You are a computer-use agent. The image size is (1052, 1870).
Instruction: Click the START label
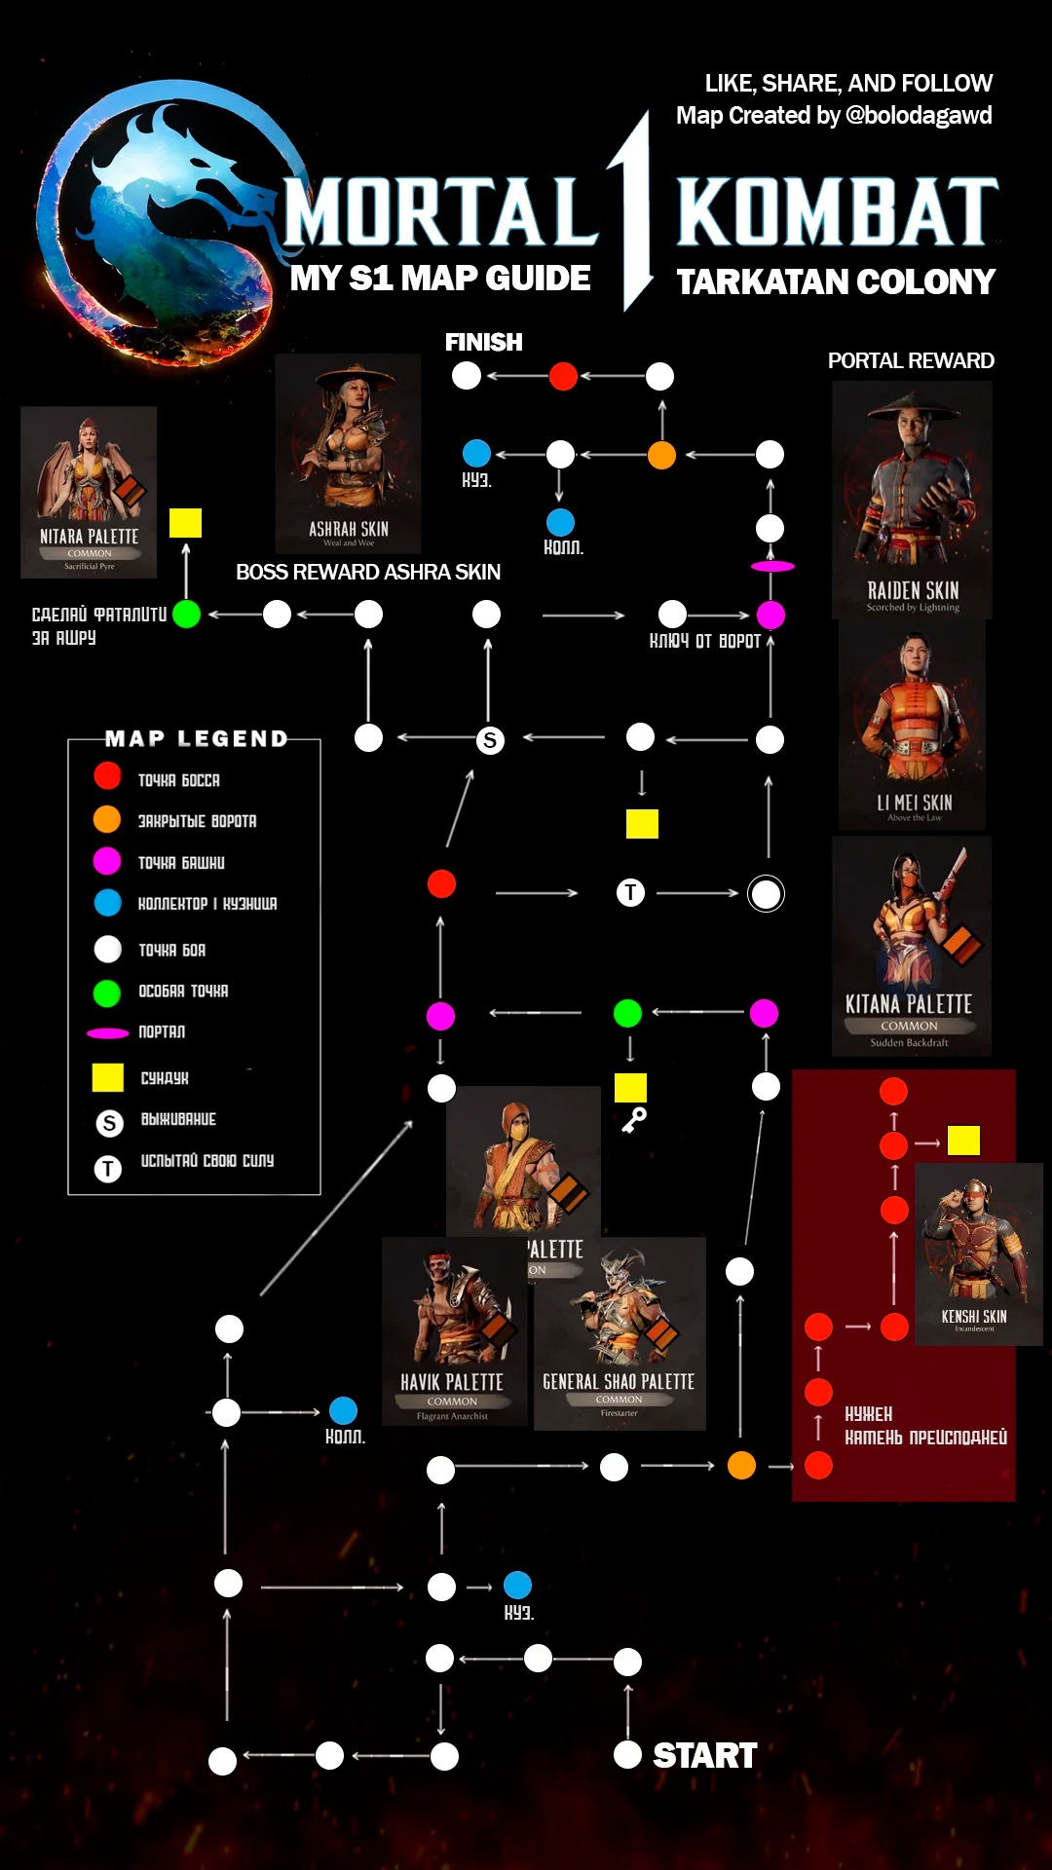[704, 1755]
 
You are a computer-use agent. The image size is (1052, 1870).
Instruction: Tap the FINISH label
[483, 342]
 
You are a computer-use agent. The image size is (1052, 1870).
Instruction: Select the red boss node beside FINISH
[563, 376]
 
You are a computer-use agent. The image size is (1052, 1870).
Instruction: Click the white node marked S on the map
[490, 740]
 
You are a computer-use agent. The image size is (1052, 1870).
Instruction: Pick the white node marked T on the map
[630, 892]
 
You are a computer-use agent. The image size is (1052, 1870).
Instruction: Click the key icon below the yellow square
[634, 1121]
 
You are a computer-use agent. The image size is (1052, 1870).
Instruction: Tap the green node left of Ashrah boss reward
[186, 615]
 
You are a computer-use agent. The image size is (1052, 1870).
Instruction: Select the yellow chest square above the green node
[185, 523]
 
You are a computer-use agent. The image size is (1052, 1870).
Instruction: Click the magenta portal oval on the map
[772, 566]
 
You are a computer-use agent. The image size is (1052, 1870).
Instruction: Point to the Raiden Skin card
[912, 499]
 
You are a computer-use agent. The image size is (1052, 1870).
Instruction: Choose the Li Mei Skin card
[913, 725]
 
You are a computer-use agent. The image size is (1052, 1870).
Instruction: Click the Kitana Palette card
[911, 945]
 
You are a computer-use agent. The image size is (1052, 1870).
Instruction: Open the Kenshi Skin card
[978, 1253]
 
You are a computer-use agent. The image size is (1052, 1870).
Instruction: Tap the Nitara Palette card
[89, 492]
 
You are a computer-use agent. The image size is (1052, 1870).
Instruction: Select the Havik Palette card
[454, 1332]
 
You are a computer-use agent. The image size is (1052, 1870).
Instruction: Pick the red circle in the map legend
[107, 776]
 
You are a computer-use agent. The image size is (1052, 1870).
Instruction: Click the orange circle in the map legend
[107, 819]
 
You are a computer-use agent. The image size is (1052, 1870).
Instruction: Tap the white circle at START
[627, 1755]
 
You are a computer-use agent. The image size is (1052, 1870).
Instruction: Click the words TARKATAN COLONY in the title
[836, 281]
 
